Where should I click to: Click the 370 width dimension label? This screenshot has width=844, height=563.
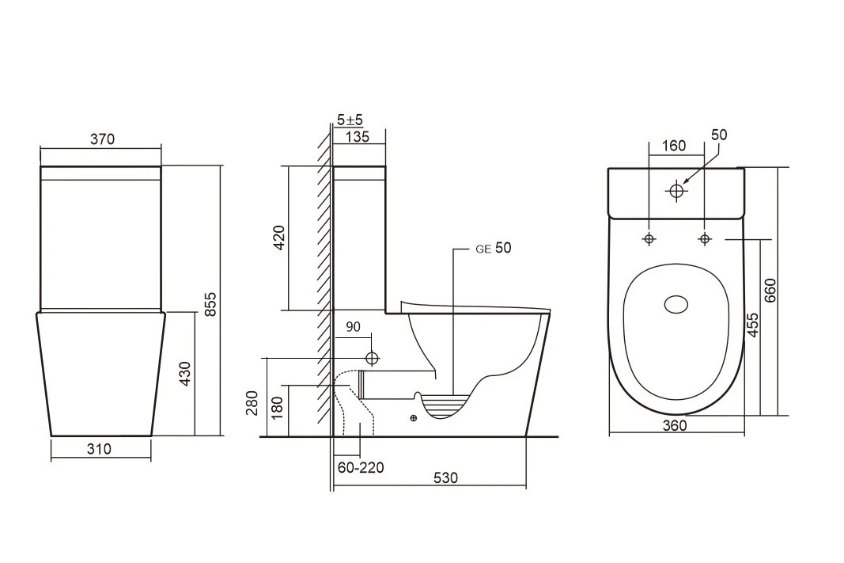[102, 139]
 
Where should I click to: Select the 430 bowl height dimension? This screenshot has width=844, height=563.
[184, 374]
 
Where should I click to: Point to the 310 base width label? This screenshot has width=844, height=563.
[100, 449]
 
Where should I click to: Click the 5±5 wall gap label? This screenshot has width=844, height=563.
[350, 120]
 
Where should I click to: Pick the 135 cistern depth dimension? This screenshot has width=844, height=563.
[358, 137]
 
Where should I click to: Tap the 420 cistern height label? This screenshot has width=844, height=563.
[279, 238]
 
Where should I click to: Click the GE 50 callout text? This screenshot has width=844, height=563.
[493, 248]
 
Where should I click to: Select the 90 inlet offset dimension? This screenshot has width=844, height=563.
[353, 327]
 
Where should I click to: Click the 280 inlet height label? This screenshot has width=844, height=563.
[252, 403]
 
